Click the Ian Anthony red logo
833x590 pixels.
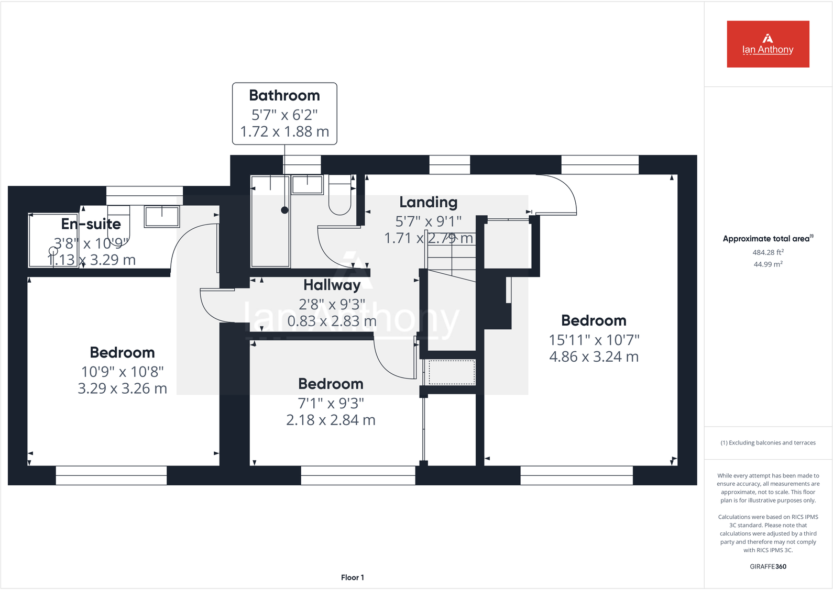[x=768, y=44]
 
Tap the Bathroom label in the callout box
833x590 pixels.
[x=284, y=96]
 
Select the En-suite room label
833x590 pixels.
[x=91, y=224]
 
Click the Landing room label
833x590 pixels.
[x=428, y=202]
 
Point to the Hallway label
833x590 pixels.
[x=332, y=285]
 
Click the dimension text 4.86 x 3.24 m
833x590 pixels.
[x=594, y=357]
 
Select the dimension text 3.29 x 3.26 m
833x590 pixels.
[x=122, y=388]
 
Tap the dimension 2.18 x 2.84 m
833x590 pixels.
[x=331, y=420]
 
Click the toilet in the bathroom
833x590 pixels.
[x=339, y=196]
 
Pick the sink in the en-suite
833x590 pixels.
[x=162, y=216]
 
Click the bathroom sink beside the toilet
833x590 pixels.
[x=308, y=185]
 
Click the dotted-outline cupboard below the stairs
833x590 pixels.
[x=452, y=372]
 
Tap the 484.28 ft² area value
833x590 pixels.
[x=768, y=252]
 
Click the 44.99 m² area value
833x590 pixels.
[x=768, y=264]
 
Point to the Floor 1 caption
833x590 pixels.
[x=352, y=577]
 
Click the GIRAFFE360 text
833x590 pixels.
[x=768, y=566]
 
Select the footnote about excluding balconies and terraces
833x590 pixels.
[x=768, y=443]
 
